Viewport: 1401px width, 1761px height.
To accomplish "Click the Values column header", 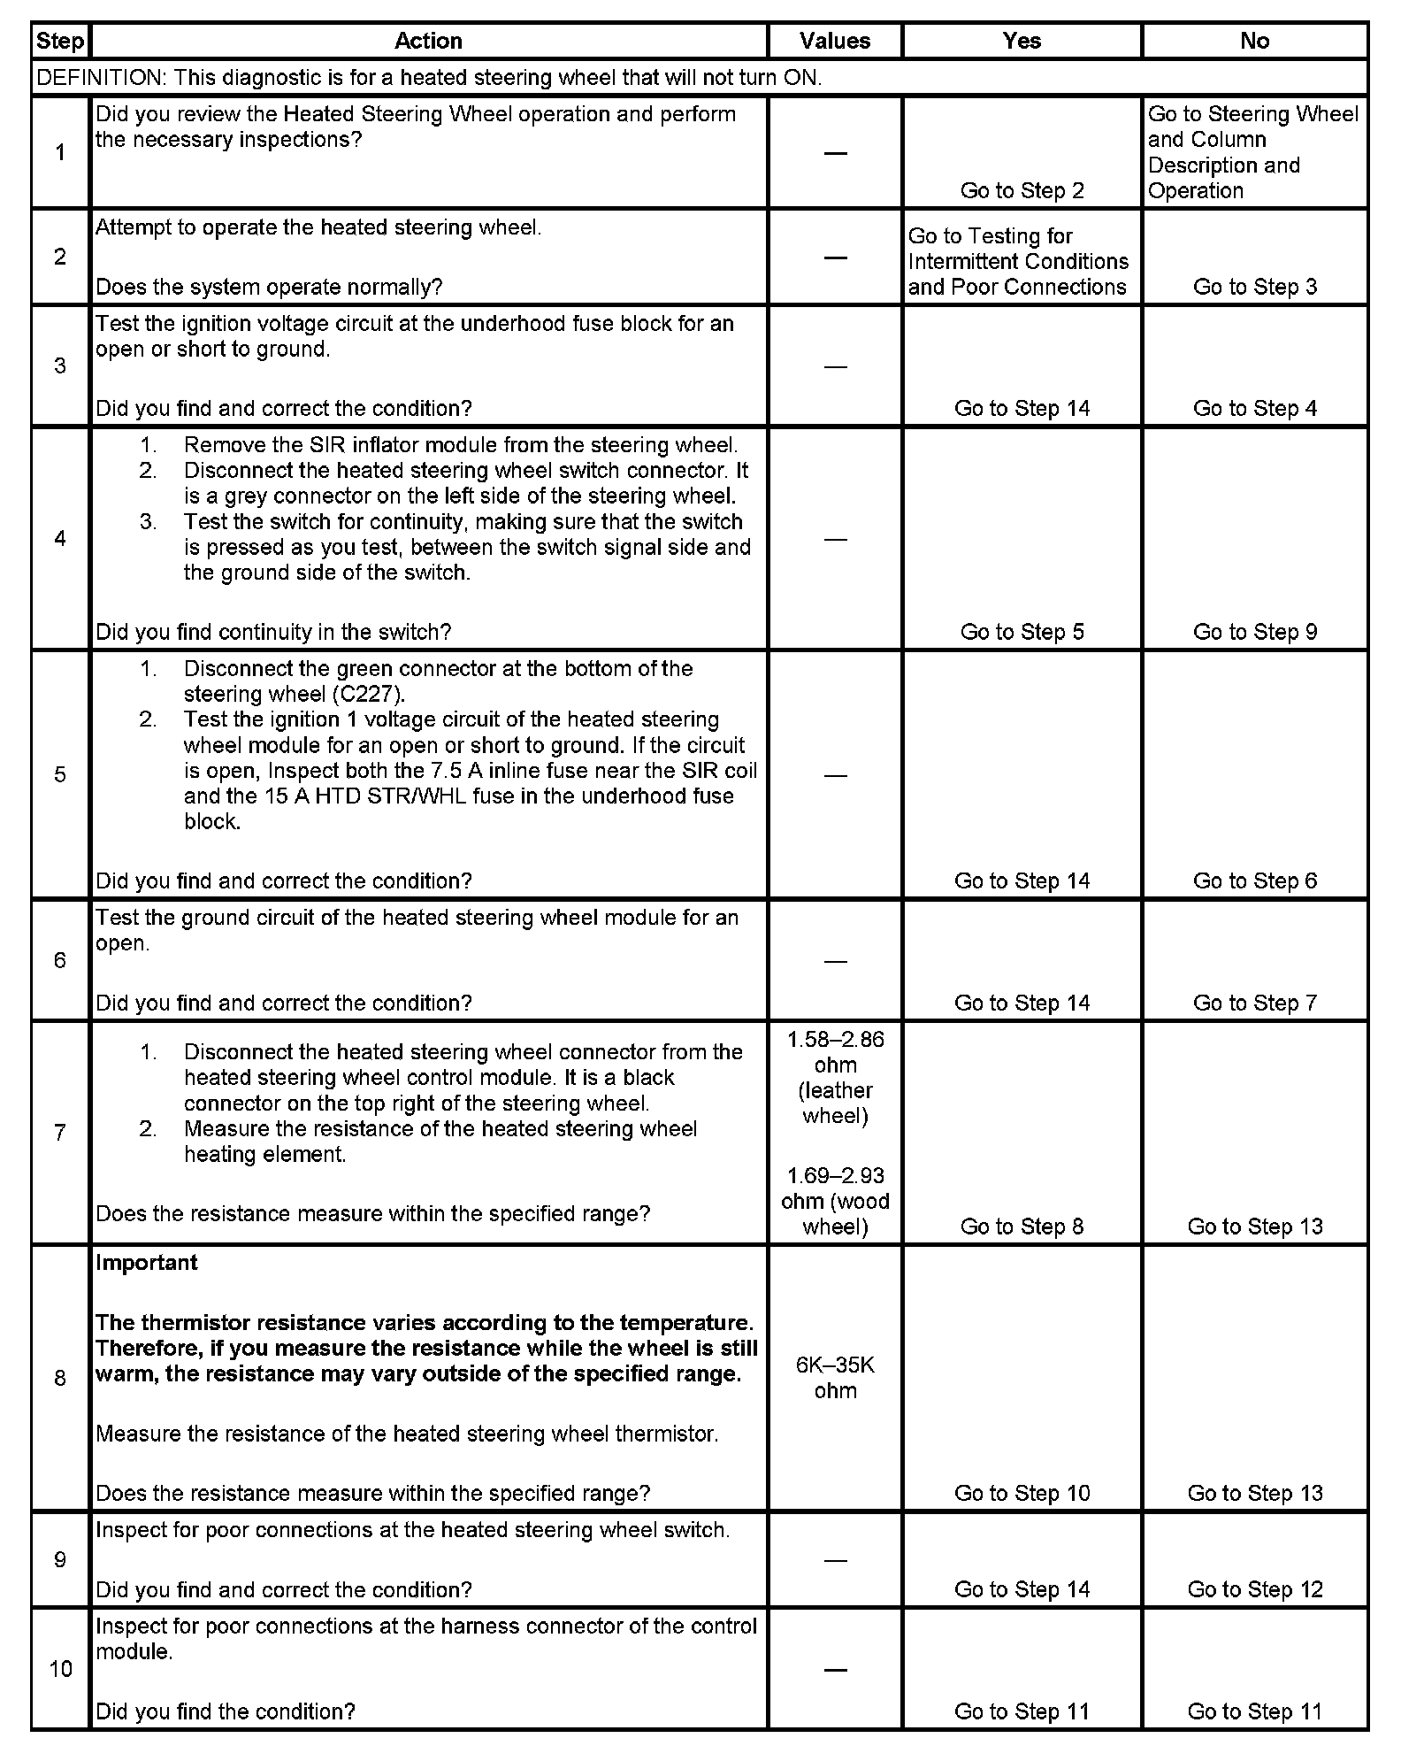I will coord(834,41).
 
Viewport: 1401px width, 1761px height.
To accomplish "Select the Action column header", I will coord(428,41).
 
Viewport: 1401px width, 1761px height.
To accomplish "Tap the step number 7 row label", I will coord(60,1132).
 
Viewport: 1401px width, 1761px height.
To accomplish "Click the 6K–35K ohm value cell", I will coord(835,1377).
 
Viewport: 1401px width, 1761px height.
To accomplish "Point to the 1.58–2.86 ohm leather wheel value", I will coord(835,1077).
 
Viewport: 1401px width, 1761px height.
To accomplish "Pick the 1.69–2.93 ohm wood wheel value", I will coord(835,1201).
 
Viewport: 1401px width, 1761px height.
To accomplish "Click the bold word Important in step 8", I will coord(147,1263).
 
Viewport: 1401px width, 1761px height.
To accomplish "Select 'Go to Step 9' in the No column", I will coord(1254,632).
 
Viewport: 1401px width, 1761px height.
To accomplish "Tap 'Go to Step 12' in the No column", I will coord(1254,1589).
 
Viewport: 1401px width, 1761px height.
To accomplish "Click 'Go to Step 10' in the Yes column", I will coord(1022,1493).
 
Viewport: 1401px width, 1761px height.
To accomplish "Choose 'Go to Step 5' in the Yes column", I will coord(1022,632).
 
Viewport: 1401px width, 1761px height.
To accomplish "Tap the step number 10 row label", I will coord(60,1669).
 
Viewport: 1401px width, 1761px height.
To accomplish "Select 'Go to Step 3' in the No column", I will coord(1254,287).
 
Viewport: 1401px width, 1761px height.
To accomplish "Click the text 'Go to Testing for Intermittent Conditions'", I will coord(1018,249).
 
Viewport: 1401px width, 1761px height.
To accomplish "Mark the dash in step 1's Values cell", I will coord(835,153).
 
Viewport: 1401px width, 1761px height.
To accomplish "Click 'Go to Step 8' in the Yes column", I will coord(1022,1227).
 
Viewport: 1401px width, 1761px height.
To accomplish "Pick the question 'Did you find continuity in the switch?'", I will coord(273,632).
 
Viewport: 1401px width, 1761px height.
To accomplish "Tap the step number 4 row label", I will coord(60,538).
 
